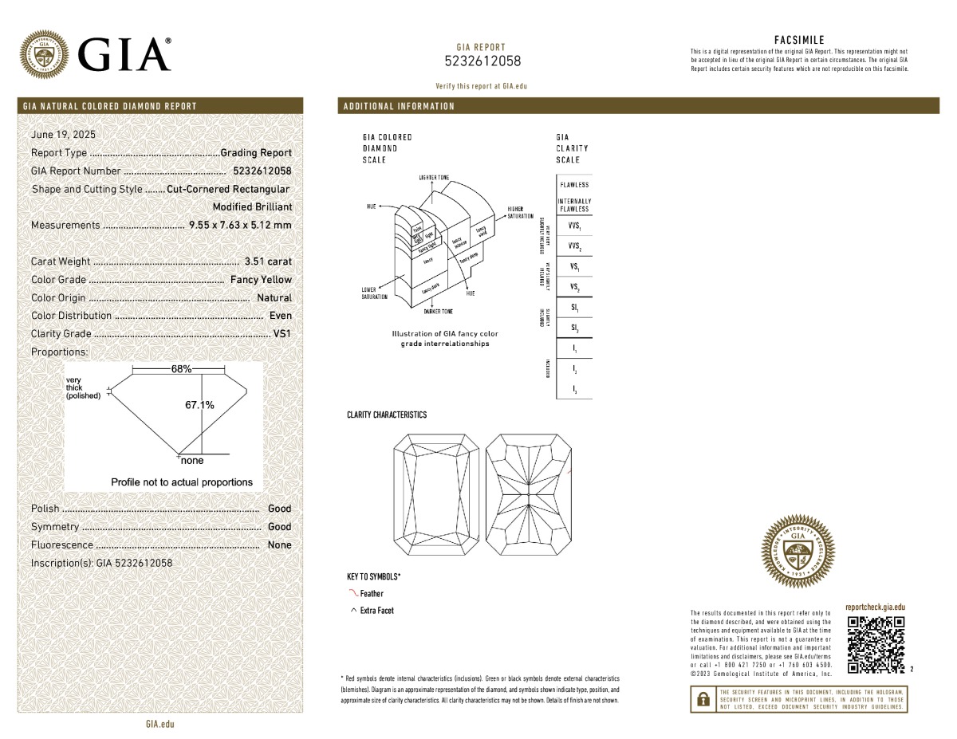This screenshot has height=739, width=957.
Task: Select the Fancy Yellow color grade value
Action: (x=261, y=280)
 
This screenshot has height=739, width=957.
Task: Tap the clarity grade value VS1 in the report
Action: (x=282, y=334)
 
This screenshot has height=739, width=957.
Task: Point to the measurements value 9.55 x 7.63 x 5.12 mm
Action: (x=240, y=225)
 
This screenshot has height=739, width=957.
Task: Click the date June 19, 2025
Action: (x=63, y=135)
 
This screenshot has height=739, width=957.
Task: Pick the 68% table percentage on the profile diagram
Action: (x=181, y=369)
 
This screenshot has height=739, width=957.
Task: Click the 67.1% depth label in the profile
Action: (x=199, y=405)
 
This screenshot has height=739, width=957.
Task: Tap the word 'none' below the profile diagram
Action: (x=192, y=461)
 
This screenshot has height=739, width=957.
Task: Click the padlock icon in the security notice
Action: (x=703, y=699)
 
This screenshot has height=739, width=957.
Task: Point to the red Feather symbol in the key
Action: (x=354, y=593)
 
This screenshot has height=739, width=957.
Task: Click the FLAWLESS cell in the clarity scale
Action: (x=574, y=185)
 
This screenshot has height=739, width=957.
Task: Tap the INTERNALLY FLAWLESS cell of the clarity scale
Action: (x=574, y=205)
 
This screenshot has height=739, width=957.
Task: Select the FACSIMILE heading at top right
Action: (x=799, y=40)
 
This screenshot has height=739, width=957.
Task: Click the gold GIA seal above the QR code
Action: (x=798, y=549)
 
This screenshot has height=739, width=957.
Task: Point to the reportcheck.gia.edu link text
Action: (x=875, y=607)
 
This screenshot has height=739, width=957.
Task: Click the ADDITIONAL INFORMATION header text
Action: (x=399, y=106)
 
